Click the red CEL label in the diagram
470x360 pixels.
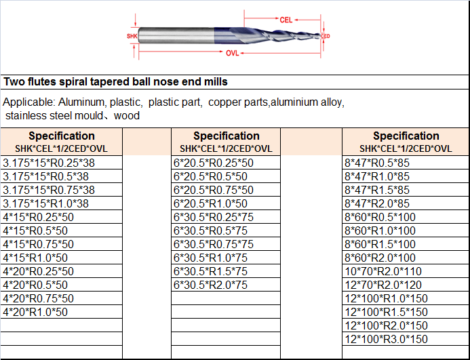(286, 20)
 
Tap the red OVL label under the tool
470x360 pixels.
(233, 54)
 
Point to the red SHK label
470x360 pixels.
(132, 36)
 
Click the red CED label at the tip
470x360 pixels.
(326, 36)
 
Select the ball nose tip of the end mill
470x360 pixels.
(317, 36)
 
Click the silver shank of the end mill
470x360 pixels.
(176, 36)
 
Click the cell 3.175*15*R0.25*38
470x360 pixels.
(49, 163)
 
